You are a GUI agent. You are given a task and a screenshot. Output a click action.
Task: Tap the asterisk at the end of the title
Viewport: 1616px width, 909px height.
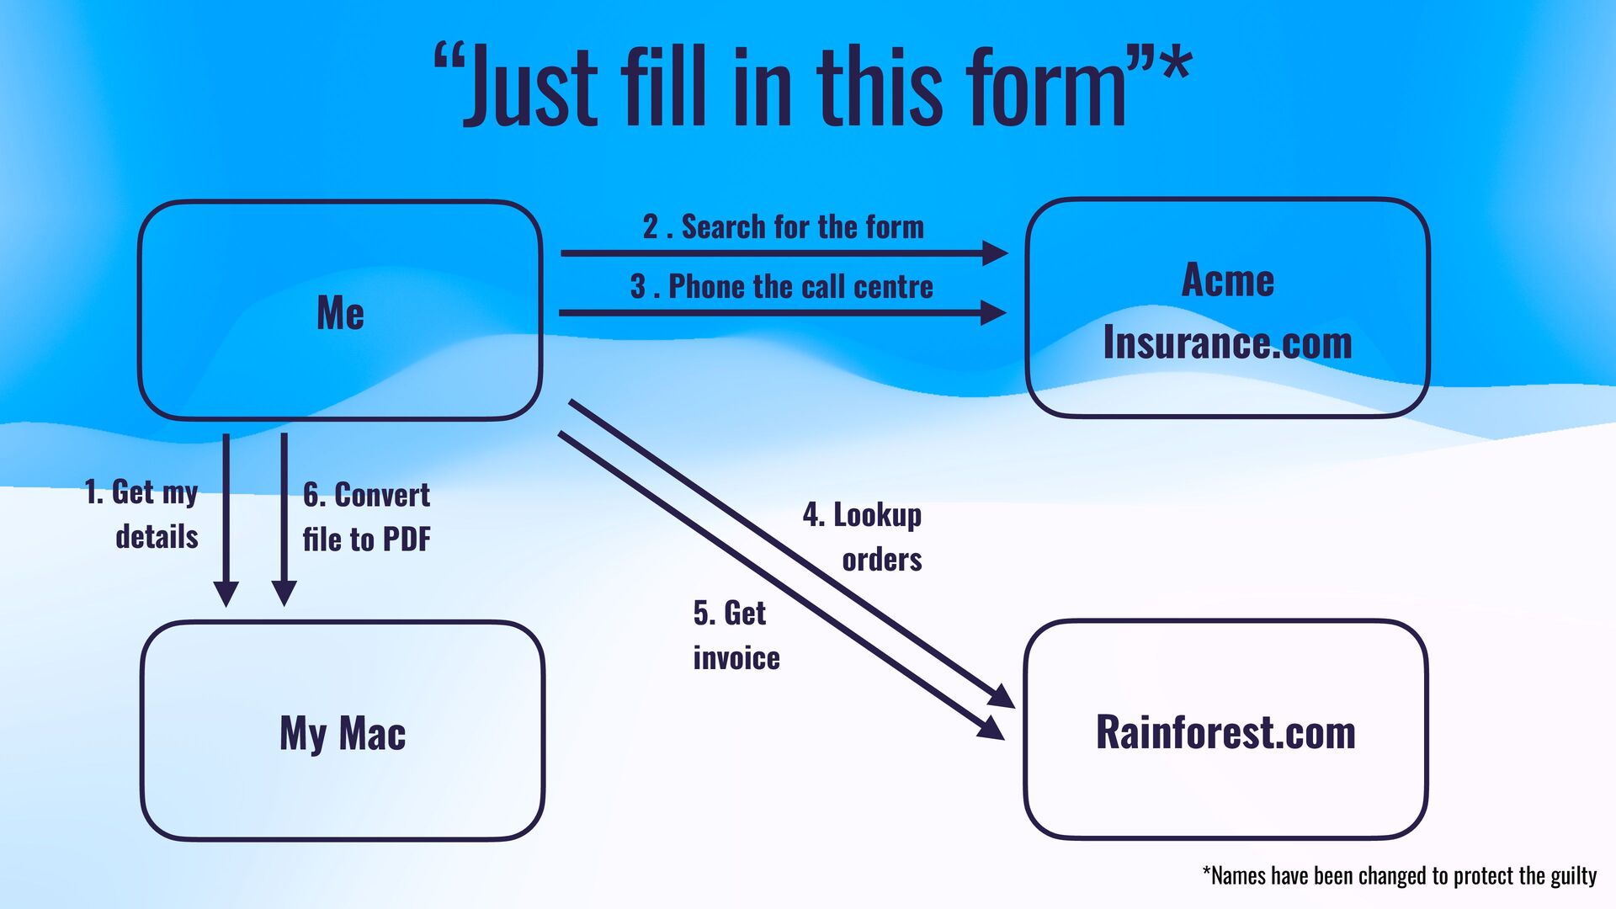coord(1175,63)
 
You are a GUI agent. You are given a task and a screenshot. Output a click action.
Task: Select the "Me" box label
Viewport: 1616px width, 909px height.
coord(340,313)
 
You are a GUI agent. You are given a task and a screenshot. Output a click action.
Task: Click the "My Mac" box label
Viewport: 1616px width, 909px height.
coord(343,733)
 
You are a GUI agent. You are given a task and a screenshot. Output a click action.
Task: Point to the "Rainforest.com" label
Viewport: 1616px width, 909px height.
coord(1225,732)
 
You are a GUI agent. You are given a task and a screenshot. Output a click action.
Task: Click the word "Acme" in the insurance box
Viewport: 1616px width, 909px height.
coord(1228,280)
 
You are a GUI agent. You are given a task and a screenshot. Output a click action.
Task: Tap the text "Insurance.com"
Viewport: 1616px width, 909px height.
coord(1228,343)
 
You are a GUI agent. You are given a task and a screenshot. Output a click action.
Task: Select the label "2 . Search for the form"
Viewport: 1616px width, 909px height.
coord(783,227)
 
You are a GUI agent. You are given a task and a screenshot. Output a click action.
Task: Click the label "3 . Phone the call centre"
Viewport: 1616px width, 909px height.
coord(781,287)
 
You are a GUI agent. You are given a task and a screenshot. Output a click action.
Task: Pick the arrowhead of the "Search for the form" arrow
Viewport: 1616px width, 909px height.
coord(995,252)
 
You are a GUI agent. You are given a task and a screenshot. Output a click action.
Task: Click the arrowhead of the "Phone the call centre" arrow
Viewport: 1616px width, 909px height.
coord(993,313)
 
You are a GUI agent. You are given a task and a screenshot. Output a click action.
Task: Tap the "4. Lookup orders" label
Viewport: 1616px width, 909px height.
coord(863,536)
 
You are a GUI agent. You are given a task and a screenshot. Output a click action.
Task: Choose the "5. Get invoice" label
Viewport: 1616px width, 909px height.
coord(735,635)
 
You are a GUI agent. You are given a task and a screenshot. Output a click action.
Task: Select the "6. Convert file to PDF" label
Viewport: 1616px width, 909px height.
coord(366,517)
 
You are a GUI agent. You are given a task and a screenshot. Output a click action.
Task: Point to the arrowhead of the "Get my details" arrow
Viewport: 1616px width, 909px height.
coord(226,593)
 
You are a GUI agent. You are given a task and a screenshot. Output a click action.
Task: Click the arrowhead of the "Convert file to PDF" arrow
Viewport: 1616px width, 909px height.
coord(284,593)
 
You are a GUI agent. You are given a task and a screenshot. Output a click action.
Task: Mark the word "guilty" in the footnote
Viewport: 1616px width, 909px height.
coord(1573,876)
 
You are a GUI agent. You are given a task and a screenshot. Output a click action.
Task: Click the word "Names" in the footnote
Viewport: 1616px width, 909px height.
coord(1237,876)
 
